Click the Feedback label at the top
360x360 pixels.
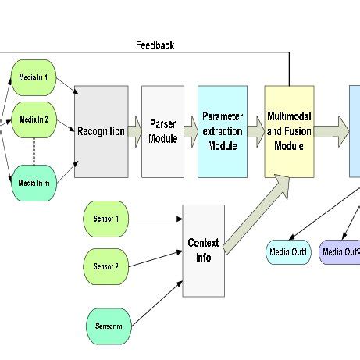tap(155, 45)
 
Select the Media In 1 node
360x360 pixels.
tap(34, 79)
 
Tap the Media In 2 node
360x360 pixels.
tap(34, 119)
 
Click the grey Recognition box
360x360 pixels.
tap(101, 131)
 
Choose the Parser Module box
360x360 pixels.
tap(162, 131)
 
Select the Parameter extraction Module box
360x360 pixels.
tap(222, 131)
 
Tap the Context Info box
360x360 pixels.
tap(204, 250)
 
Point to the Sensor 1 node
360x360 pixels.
tap(105, 219)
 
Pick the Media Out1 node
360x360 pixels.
tap(288, 251)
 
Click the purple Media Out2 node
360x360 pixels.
tap(340, 251)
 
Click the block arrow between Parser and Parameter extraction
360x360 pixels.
tap(191, 138)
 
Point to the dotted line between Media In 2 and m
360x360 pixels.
tap(34, 151)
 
